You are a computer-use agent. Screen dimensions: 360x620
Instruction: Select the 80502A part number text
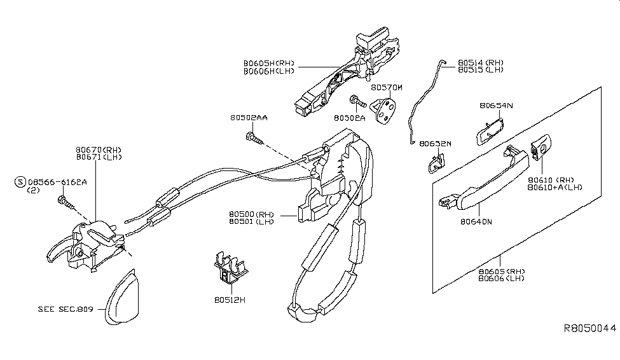(x=349, y=118)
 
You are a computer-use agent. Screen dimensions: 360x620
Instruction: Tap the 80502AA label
(x=249, y=118)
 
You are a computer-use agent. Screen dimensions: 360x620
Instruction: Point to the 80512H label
(x=229, y=299)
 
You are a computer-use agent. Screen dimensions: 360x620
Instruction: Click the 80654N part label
(x=497, y=105)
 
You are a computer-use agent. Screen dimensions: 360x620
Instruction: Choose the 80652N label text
(x=435, y=144)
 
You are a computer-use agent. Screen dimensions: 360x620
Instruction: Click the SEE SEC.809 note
(x=65, y=309)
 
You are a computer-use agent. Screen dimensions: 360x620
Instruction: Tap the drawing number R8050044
(x=590, y=328)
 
